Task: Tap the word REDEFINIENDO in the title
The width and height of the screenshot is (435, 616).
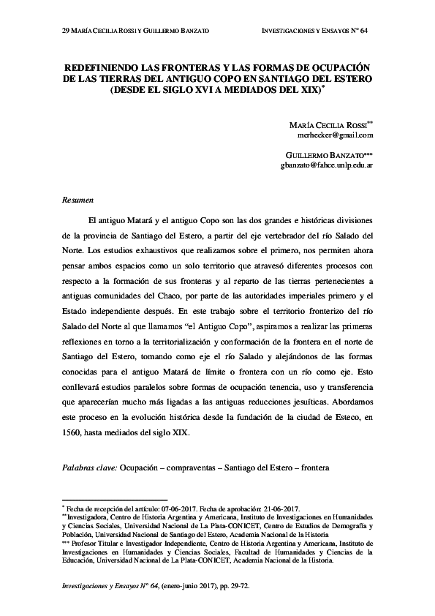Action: [x=107, y=65]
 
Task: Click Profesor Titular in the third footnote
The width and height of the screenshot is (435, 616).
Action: [x=99, y=544]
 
